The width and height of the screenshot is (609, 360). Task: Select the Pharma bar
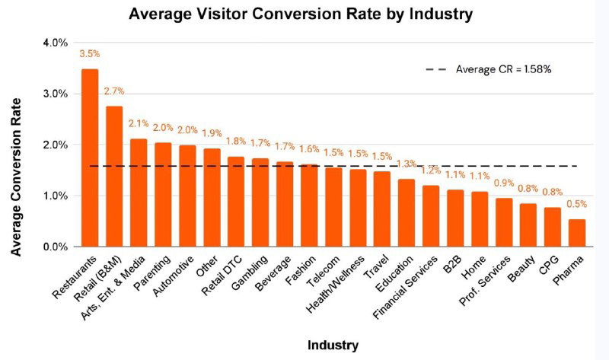pyautogui.click(x=577, y=233)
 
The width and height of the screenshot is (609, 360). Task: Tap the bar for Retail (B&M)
pyautogui.click(x=114, y=177)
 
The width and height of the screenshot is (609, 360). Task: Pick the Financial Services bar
pyautogui.click(x=431, y=216)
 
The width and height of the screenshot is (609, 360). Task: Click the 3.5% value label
pyautogui.click(x=90, y=54)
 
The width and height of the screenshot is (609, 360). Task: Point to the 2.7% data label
pyautogui.click(x=114, y=91)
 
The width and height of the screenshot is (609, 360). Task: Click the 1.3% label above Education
pyautogui.click(x=407, y=164)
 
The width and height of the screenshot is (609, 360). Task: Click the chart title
pyautogui.click(x=301, y=14)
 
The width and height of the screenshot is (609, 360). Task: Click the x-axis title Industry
pyautogui.click(x=333, y=345)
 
